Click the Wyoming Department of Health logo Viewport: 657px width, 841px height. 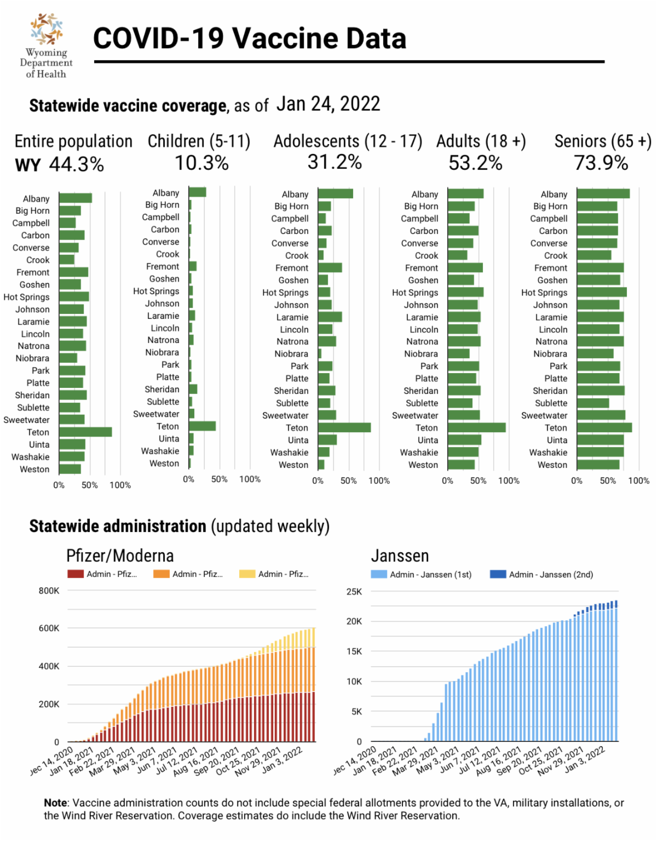coord(46,46)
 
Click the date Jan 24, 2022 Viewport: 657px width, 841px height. coord(328,104)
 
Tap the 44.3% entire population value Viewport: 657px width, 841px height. coord(76,164)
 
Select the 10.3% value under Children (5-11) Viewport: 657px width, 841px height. coord(201,163)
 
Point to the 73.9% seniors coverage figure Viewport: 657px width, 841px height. coord(601,163)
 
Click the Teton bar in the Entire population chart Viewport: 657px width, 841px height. coord(85,432)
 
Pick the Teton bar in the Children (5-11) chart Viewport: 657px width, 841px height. coord(202,426)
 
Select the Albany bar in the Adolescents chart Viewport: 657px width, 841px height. coord(335,194)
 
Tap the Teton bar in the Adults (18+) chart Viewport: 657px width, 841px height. coord(476,428)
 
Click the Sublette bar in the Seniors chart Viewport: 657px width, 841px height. coord(593,403)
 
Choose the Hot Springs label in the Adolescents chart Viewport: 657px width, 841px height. coord(285,293)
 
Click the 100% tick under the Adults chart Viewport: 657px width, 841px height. coord(509,480)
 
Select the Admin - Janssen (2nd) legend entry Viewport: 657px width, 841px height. coord(551,574)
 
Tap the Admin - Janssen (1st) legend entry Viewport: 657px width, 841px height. coord(430,574)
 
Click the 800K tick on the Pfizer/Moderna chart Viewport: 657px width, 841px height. coord(49,591)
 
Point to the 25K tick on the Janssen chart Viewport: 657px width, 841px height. coord(354,592)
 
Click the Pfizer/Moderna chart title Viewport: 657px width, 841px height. coord(120,556)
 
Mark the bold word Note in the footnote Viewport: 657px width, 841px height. coord(55,803)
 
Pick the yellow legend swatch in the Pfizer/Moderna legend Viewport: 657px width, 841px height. coord(247,574)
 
